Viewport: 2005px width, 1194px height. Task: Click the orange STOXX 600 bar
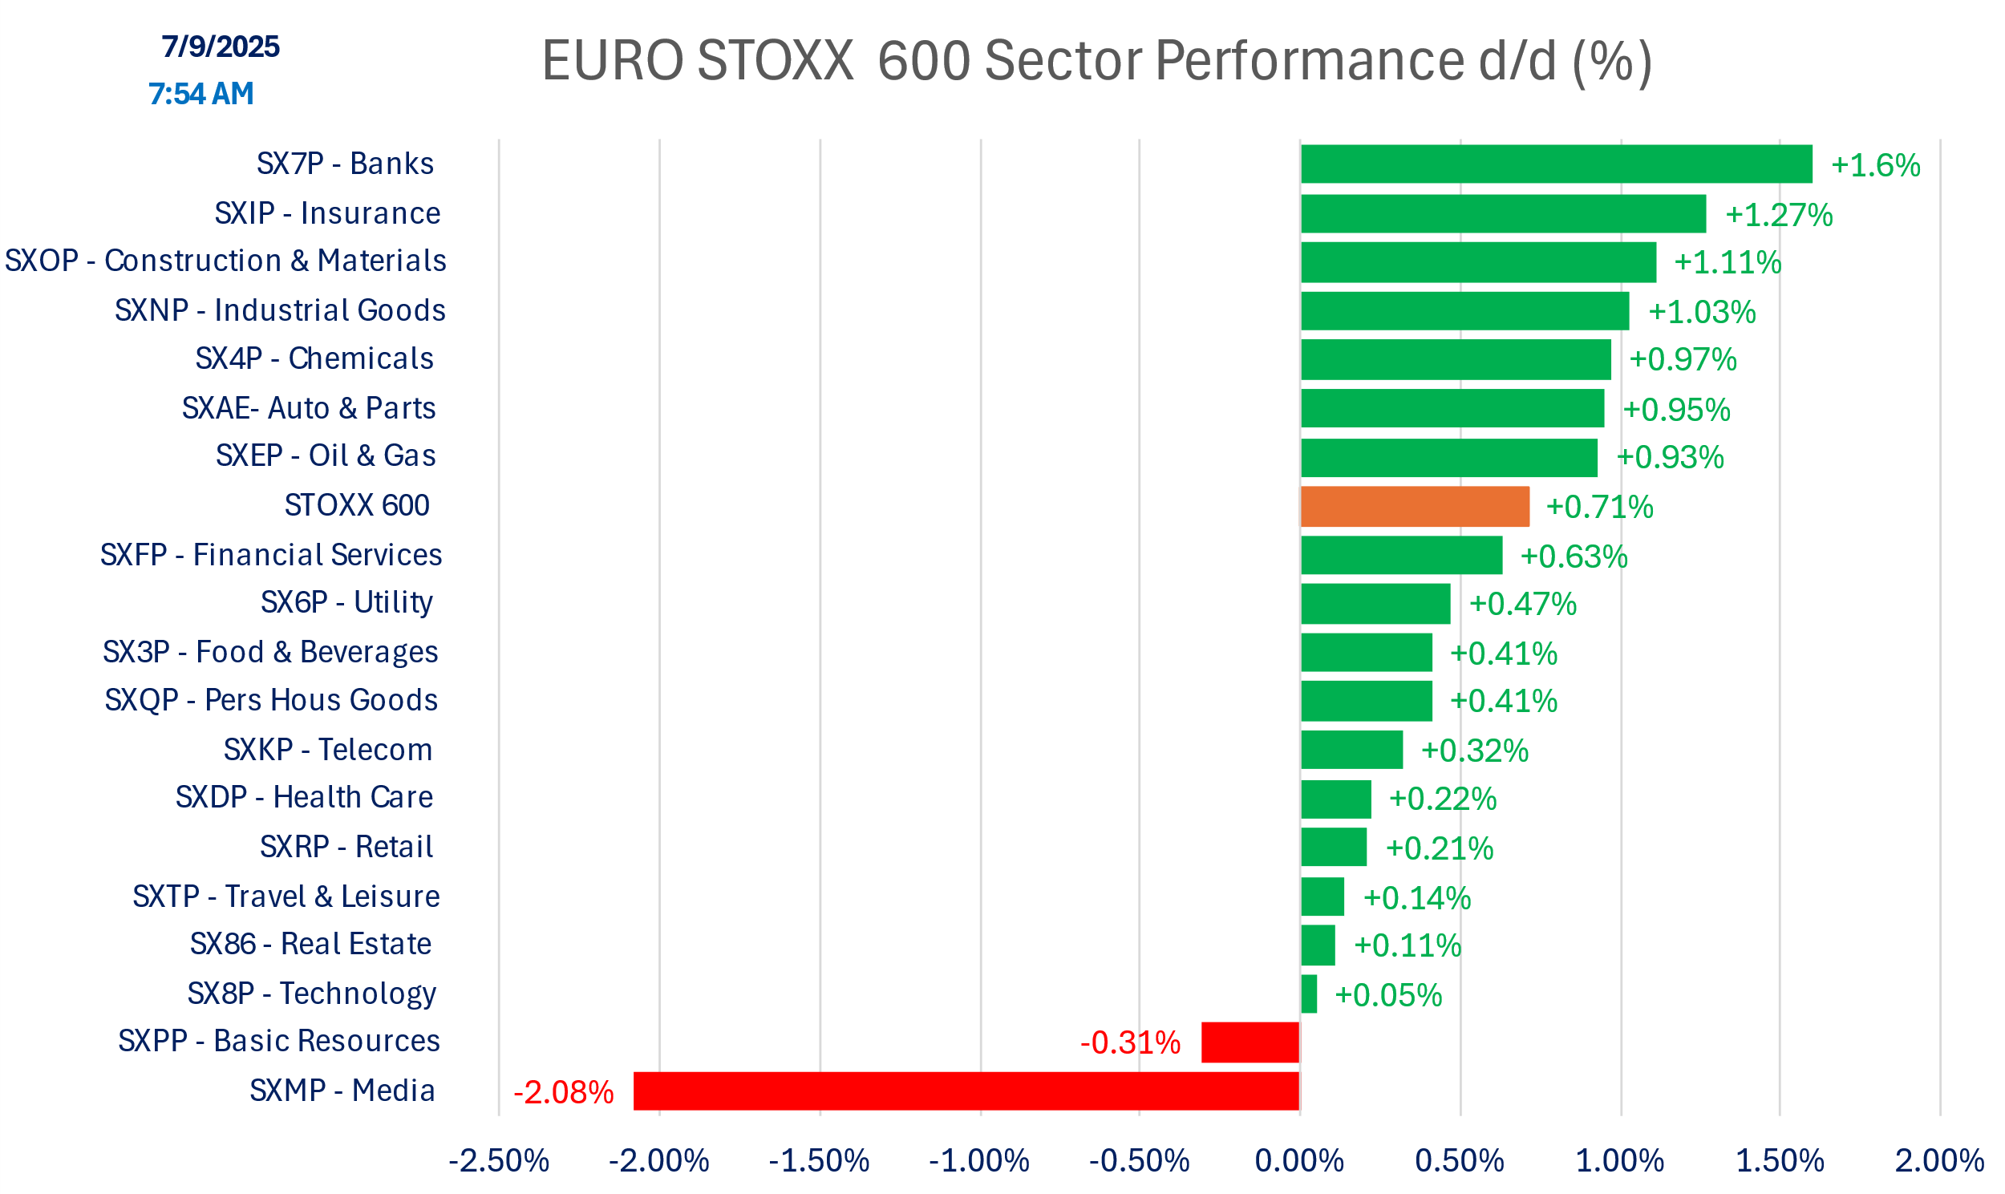pos(1415,507)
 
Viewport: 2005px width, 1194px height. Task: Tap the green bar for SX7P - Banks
pos(1556,164)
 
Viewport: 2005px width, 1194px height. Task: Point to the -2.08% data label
pos(563,1093)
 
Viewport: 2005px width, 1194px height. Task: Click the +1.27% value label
pos(1778,215)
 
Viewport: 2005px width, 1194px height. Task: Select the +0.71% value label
pos(1599,507)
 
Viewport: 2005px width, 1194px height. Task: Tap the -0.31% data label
pos(1130,1042)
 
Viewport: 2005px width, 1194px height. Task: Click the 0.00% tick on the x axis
pos(1299,1161)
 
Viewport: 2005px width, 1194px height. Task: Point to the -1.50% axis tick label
pos(819,1161)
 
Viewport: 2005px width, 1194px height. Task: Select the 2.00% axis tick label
pos(1939,1161)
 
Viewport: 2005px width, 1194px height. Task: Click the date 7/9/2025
pos(221,47)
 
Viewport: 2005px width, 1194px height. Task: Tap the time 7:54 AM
pos(201,94)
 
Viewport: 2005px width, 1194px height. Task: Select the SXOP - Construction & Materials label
pos(225,261)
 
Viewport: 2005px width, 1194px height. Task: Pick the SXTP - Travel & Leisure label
pos(286,897)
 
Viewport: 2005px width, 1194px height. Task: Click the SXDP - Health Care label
pos(304,797)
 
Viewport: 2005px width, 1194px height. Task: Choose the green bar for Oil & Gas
pos(1448,458)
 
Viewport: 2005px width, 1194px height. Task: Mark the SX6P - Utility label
pos(346,603)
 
